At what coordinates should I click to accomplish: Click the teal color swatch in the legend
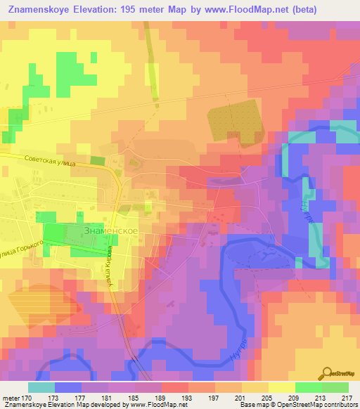click(x=41, y=387)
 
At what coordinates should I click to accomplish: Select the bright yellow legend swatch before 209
click(x=282, y=387)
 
